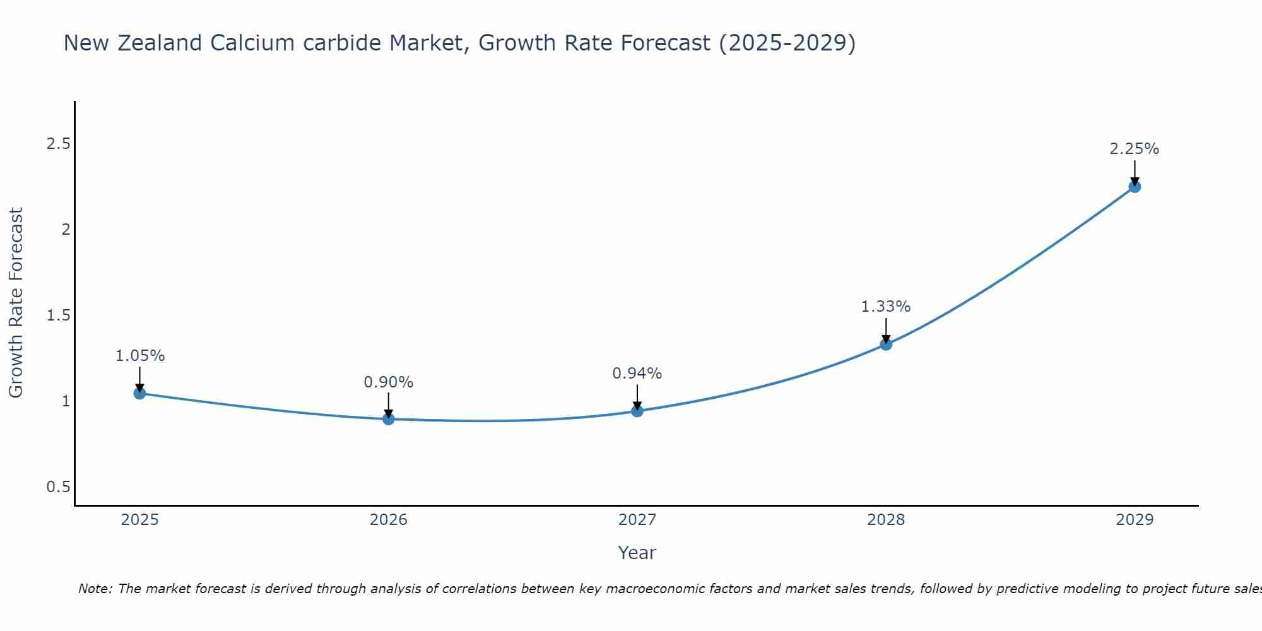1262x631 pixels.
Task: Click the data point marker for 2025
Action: pos(139,394)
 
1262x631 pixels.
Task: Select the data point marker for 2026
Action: pos(389,419)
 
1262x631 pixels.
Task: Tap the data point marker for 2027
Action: pos(637,411)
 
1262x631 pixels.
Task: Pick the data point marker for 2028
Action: pos(886,345)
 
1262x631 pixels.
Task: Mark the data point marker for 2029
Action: pos(1135,187)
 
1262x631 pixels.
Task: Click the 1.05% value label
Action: pos(139,356)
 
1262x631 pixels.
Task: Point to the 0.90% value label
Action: pos(389,382)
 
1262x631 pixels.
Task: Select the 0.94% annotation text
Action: pos(637,374)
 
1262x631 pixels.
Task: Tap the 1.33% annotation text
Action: pos(886,307)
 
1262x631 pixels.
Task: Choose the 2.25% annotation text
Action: pos(1135,149)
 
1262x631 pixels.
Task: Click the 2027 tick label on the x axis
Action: pos(637,520)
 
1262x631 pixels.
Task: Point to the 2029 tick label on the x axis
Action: pos(1135,520)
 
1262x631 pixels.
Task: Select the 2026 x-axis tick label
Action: pos(389,520)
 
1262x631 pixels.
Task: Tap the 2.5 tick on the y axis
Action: pos(58,144)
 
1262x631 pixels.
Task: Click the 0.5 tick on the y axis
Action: pos(58,487)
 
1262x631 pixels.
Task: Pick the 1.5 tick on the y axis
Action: pos(58,315)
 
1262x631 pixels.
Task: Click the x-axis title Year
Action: pos(637,553)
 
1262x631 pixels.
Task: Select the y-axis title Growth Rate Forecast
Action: pos(16,303)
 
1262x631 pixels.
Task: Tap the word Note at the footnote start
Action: pos(95,589)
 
